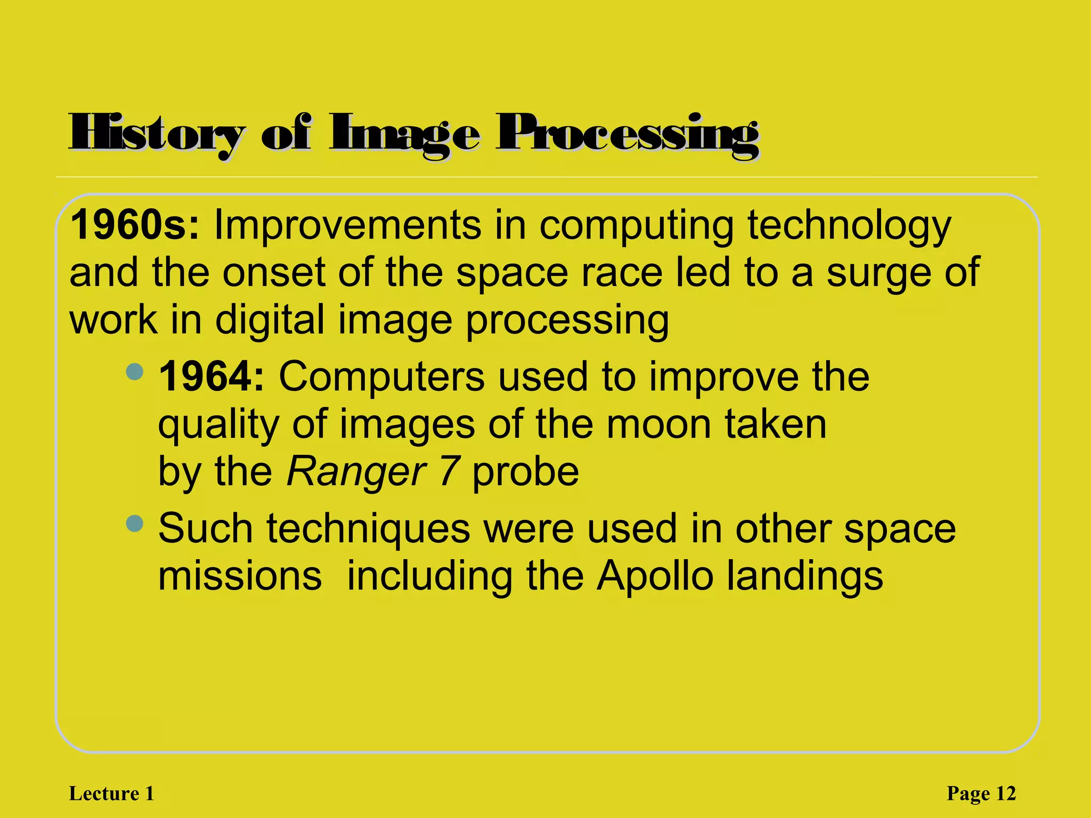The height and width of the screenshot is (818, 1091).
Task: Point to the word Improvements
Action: point(347,226)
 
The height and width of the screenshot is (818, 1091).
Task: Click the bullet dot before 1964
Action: point(135,372)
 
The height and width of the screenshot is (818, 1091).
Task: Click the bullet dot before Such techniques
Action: point(135,523)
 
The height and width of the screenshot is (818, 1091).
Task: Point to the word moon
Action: point(659,424)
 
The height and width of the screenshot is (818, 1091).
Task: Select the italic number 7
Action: point(449,472)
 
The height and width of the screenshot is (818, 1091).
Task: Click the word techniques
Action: point(368,529)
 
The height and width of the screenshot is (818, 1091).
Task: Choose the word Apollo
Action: point(655,577)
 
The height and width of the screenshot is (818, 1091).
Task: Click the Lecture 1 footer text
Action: point(111,794)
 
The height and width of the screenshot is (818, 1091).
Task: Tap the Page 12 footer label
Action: point(981,794)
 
